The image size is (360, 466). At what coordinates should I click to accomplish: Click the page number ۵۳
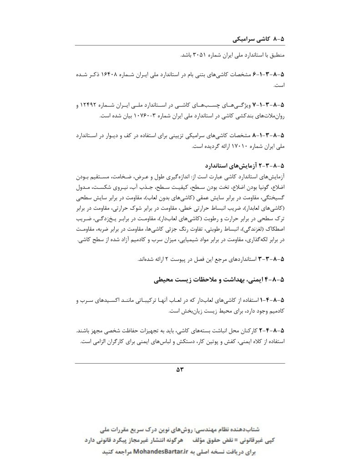pos(179,369)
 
